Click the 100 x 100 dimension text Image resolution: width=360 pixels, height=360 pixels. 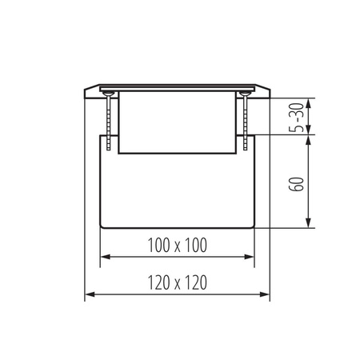178,245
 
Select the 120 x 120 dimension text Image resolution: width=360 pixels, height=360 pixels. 178,282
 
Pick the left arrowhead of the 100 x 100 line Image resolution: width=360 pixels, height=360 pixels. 102,258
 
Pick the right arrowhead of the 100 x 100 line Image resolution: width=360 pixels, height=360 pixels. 252,258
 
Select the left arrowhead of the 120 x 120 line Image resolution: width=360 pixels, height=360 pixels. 89,295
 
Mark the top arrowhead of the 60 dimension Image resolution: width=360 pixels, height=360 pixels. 306,138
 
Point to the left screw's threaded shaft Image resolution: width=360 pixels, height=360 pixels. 106,120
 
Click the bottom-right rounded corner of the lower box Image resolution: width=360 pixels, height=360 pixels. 254,225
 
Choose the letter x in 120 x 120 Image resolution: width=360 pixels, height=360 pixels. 178,283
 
